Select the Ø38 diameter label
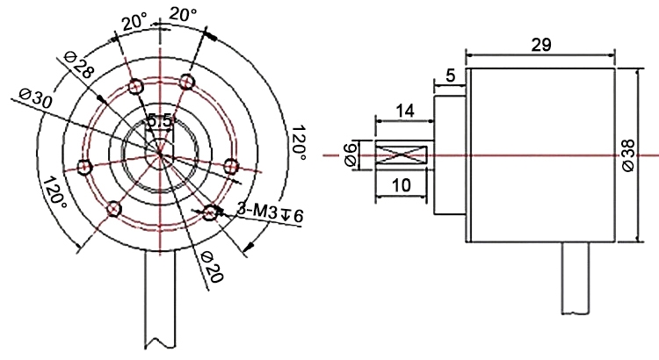click(627, 155)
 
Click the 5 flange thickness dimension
click(451, 76)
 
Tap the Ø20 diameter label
click(210, 265)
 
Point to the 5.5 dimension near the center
click(162, 119)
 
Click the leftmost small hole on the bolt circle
click(85, 167)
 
